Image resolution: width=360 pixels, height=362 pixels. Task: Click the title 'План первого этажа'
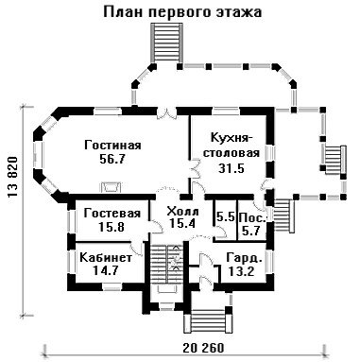(182, 13)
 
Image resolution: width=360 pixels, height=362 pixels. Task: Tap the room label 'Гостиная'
(112, 146)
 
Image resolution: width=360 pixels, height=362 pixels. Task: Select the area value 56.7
(112, 159)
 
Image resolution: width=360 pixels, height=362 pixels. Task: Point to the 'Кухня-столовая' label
(231, 146)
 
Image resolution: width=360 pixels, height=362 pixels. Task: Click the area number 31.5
(231, 168)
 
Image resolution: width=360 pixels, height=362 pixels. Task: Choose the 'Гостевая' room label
(112, 214)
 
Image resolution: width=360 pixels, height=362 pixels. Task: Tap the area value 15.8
(111, 227)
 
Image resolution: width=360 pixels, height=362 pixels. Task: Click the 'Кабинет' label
(106, 258)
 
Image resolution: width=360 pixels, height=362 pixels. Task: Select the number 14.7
(106, 270)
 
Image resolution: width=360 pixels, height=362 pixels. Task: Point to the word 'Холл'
(182, 211)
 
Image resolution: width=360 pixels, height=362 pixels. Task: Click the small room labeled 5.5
(226, 217)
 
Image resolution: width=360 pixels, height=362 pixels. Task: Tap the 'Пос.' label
(252, 218)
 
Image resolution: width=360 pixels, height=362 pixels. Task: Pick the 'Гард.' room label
(245, 258)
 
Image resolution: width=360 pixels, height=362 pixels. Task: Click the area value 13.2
(242, 270)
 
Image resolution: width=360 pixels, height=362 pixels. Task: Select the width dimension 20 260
(203, 348)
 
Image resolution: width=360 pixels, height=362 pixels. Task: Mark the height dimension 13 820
(13, 177)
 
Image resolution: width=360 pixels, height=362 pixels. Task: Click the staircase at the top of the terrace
(166, 43)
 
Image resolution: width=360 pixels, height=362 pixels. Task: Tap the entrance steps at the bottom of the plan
(209, 320)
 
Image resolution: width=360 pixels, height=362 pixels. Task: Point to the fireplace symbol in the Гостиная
(111, 186)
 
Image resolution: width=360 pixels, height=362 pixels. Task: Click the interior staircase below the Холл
(164, 264)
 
